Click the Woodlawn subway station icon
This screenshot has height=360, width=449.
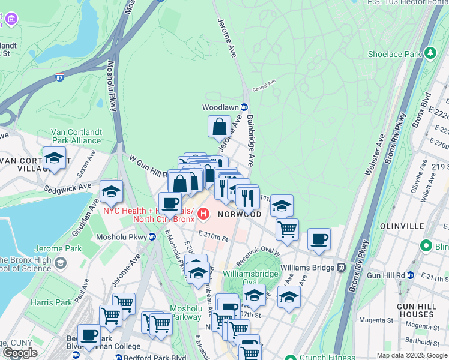pyautogui.click(x=244, y=107)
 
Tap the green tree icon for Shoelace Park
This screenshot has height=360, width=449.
pyautogui.click(x=430, y=53)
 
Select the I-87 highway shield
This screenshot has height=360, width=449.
pyautogui.click(x=58, y=77)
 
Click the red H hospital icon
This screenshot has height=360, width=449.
pyautogui.click(x=204, y=213)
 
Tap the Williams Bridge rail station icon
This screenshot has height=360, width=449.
pyautogui.click(x=341, y=267)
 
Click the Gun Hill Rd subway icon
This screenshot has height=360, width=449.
pyautogui.click(x=411, y=275)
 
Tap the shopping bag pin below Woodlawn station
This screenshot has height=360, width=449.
pyautogui.click(x=220, y=127)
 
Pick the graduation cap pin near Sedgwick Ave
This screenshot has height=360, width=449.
pyautogui.click(x=112, y=191)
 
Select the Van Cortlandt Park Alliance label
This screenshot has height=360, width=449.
pyautogui.click(x=76, y=136)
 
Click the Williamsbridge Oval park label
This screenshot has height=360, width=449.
pyautogui.click(x=244, y=277)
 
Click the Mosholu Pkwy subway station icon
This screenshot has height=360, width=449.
pyautogui.click(x=152, y=237)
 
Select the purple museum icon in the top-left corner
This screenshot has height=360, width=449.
pyautogui.click(x=11, y=19)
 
